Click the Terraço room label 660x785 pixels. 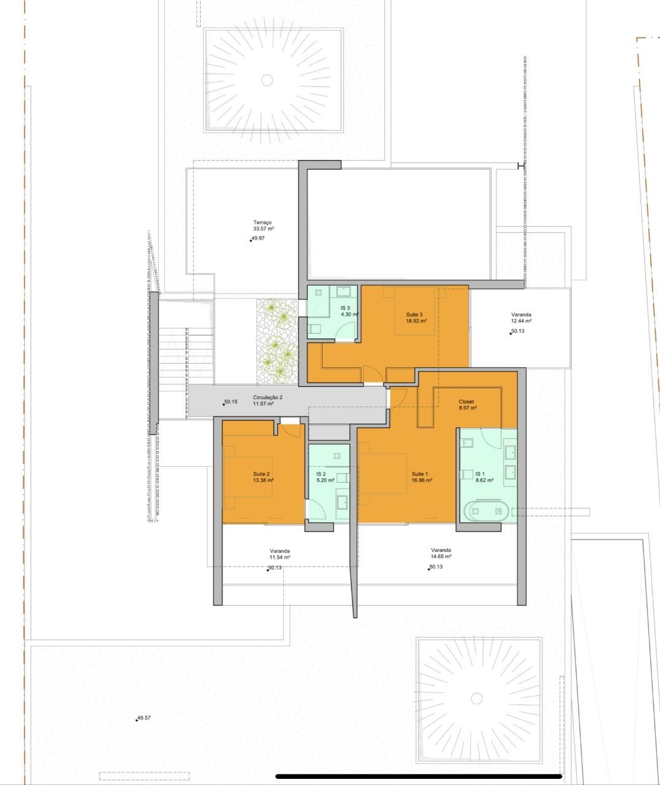262,222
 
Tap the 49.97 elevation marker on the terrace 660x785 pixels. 258,239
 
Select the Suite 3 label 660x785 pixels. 414,315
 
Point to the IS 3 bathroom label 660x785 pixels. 345,308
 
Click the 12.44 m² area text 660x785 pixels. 521,321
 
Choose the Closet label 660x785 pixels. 466,402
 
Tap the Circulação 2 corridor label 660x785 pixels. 268,397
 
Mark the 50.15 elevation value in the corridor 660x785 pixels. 231,402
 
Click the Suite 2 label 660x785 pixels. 261,474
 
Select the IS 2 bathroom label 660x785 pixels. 321,474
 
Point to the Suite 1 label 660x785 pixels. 420,474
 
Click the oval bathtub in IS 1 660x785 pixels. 486,511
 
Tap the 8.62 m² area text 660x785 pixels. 485,480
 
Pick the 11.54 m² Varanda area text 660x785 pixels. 280,557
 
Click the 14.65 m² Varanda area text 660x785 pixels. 441,556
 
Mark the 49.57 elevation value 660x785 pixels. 144,718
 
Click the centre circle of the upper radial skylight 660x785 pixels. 267,80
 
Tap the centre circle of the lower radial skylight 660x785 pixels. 477,699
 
